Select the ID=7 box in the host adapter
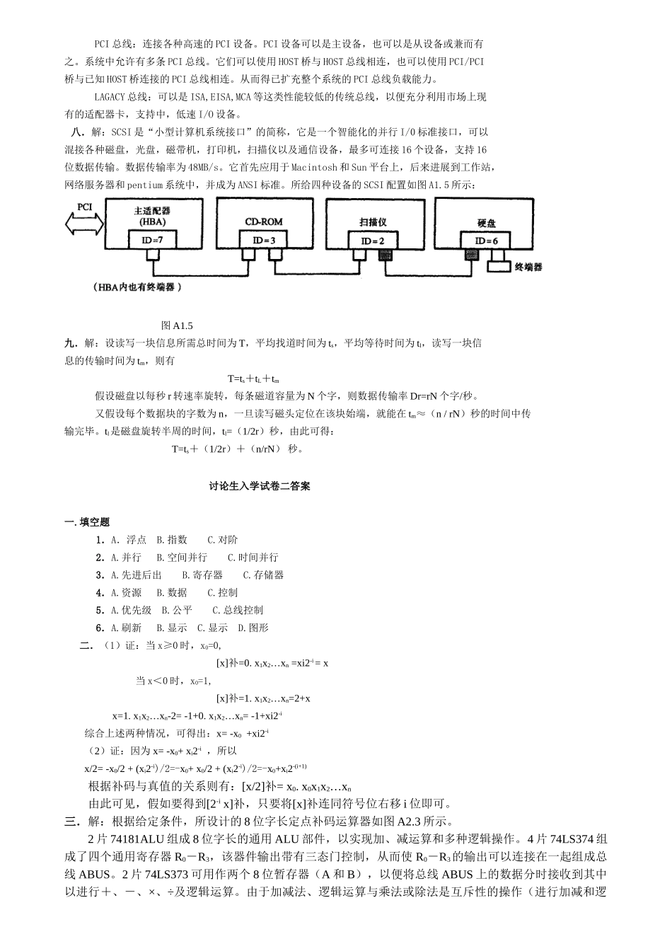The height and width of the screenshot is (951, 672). click(x=152, y=240)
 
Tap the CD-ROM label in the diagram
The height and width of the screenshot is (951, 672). click(x=263, y=221)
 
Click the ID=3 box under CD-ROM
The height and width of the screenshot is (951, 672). click(x=263, y=241)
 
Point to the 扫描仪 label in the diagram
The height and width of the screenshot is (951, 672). click(x=372, y=222)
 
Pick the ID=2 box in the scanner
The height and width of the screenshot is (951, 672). click(x=372, y=241)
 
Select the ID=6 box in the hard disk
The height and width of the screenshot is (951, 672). click(x=486, y=241)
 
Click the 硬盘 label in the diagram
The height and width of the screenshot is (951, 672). click(x=487, y=224)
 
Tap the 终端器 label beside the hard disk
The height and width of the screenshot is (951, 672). click(x=528, y=267)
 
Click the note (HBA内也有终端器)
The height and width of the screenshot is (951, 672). click(x=137, y=287)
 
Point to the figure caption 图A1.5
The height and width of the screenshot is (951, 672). click(x=177, y=325)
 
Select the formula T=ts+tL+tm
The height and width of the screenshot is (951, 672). click(x=253, y=379)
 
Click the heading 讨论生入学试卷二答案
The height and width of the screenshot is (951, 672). click(x=260, y=487)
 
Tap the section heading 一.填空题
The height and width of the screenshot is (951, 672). click(x=88, y=522)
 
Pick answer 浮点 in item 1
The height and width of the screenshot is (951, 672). click(x=136, y=540)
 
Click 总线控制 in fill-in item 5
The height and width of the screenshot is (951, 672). click(x=243, y=610)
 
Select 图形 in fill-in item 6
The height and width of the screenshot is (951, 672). click(x=258, y=628)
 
